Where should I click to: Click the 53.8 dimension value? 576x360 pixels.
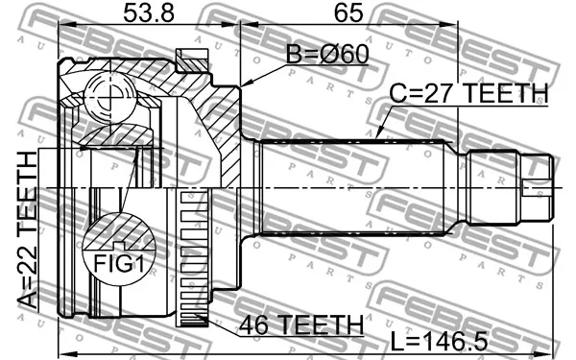[x=148, y=13]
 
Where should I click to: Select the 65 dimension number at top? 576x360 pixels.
[x=348, y=13]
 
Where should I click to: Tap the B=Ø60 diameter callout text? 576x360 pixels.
[x=327, y=55]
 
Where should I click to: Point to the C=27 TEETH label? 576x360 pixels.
[x=468, y=93]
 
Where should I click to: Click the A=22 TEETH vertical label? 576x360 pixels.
[x=28, y=230]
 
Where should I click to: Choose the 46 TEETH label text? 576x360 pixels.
[x=301, y=324]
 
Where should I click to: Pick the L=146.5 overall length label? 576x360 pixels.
[x=439, y=341]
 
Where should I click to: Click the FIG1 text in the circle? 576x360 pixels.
[x=118, y=264]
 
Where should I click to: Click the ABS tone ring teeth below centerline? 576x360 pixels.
[x=194, y=258]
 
